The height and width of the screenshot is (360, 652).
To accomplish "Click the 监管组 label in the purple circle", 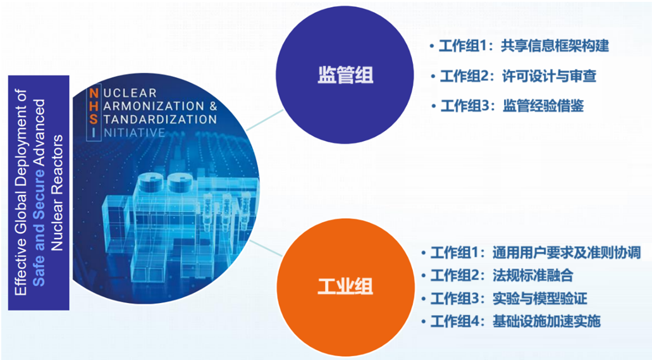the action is tap(345, 75).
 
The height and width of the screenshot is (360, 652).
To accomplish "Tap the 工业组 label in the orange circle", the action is tap(345, 287).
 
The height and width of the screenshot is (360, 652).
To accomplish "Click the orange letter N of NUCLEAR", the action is tap(94, 93).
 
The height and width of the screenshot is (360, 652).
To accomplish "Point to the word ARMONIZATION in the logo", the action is tap(154, 106).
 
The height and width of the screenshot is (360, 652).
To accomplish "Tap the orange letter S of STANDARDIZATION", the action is tap(94, 120).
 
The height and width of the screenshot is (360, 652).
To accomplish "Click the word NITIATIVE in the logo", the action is tap(134, 133).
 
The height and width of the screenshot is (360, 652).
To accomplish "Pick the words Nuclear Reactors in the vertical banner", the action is tap(56, 193).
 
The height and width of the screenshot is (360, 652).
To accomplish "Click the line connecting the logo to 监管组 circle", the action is tap(265, 120).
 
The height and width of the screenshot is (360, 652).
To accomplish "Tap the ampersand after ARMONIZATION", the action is tap(213, 106).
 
